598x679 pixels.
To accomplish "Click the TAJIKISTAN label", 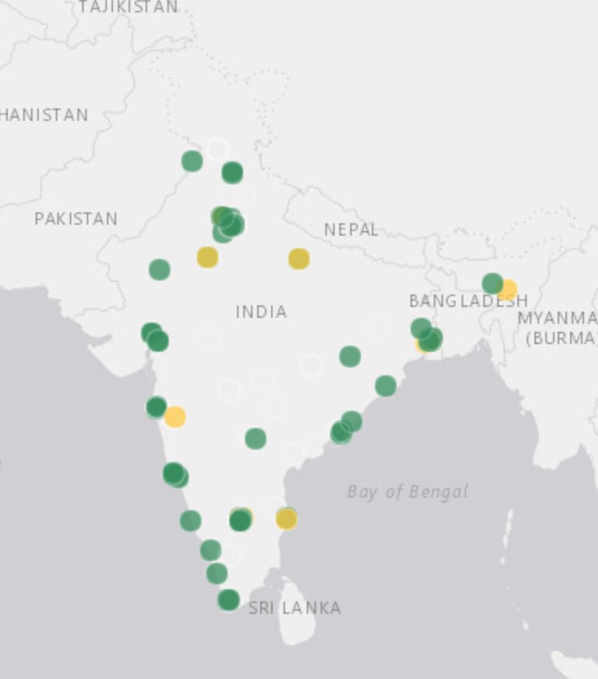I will click(128, 7).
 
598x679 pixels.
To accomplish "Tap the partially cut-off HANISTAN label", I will click(44, 115).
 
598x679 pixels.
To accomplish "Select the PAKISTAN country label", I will click(76, 219).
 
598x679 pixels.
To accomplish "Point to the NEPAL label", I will click(351, 229).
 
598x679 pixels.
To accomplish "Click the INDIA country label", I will click(261, 312).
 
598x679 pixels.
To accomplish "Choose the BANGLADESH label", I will click(468, 301).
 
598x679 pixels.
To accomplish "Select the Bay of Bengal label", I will click(407, 491).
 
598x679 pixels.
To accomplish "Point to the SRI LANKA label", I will click(294, 608).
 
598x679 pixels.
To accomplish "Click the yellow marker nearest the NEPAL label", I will click(299, 259).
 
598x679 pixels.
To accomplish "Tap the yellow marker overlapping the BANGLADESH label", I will click(507, 291).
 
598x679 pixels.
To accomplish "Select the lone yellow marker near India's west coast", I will click(175, 417).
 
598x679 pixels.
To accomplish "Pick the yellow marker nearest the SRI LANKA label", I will click(287, 519).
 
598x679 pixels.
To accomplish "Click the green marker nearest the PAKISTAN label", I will click(160, 270).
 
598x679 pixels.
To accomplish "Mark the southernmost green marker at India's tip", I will click(229, 599).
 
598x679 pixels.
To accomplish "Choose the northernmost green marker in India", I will click(192, 161).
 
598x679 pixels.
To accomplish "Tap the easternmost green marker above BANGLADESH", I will click(493, 284).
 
